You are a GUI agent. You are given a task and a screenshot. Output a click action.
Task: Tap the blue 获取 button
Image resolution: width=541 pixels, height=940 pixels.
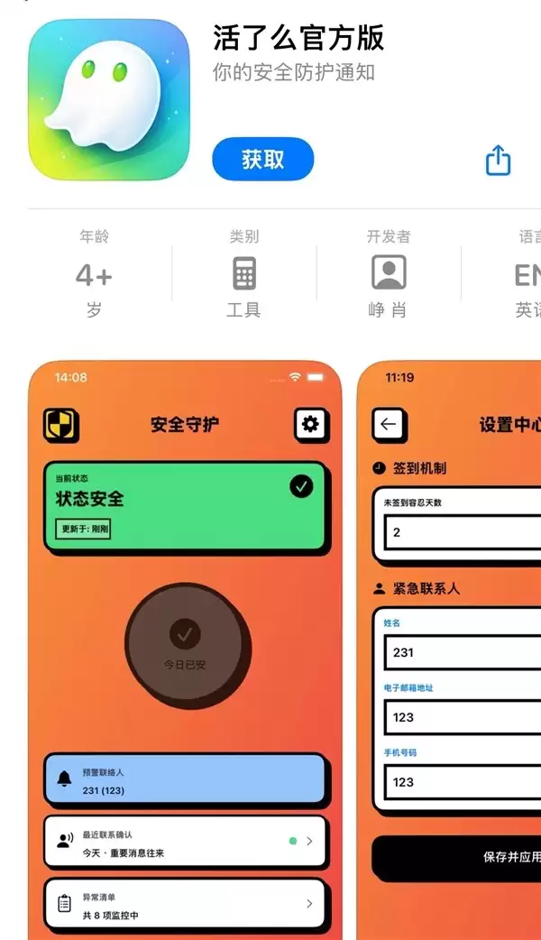click(x=262, y=160)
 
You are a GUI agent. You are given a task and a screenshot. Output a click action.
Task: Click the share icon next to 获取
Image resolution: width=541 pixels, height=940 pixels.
click(x=498, y=161)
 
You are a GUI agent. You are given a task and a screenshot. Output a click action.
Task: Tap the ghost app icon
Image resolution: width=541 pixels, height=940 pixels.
click(x=109, y=99)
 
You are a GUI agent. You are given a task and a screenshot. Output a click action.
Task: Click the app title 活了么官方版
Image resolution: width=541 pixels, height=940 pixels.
click(x=298, y=37)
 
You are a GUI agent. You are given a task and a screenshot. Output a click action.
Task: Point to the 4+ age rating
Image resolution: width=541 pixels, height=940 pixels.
click(x=94, y=274)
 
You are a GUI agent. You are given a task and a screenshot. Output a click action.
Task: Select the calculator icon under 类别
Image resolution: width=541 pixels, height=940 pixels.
click(x=243, y=272)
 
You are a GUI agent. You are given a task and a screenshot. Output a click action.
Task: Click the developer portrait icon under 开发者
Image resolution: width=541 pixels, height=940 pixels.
click(x=389, y=272)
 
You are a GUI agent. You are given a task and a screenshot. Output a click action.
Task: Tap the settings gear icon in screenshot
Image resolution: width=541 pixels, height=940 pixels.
click(x=311, y=424)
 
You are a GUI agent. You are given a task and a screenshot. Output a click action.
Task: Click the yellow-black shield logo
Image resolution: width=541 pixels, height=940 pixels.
click(x=61, y=425)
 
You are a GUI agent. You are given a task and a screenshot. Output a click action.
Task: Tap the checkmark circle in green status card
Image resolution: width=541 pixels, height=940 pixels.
click(x=301, y=486)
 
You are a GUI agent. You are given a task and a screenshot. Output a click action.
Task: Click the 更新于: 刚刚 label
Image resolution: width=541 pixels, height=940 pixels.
click(x=83, y=529)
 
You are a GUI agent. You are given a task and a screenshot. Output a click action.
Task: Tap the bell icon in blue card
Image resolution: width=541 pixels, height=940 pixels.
click(x=64, y=779)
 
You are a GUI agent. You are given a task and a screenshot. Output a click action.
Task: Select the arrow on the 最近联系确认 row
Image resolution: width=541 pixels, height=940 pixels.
click(x=309, y=841)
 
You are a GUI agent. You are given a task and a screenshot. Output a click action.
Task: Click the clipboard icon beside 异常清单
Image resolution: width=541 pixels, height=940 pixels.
click(x=64, y=903)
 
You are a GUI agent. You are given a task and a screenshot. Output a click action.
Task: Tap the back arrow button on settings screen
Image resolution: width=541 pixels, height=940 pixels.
click(x=389, y=424)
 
